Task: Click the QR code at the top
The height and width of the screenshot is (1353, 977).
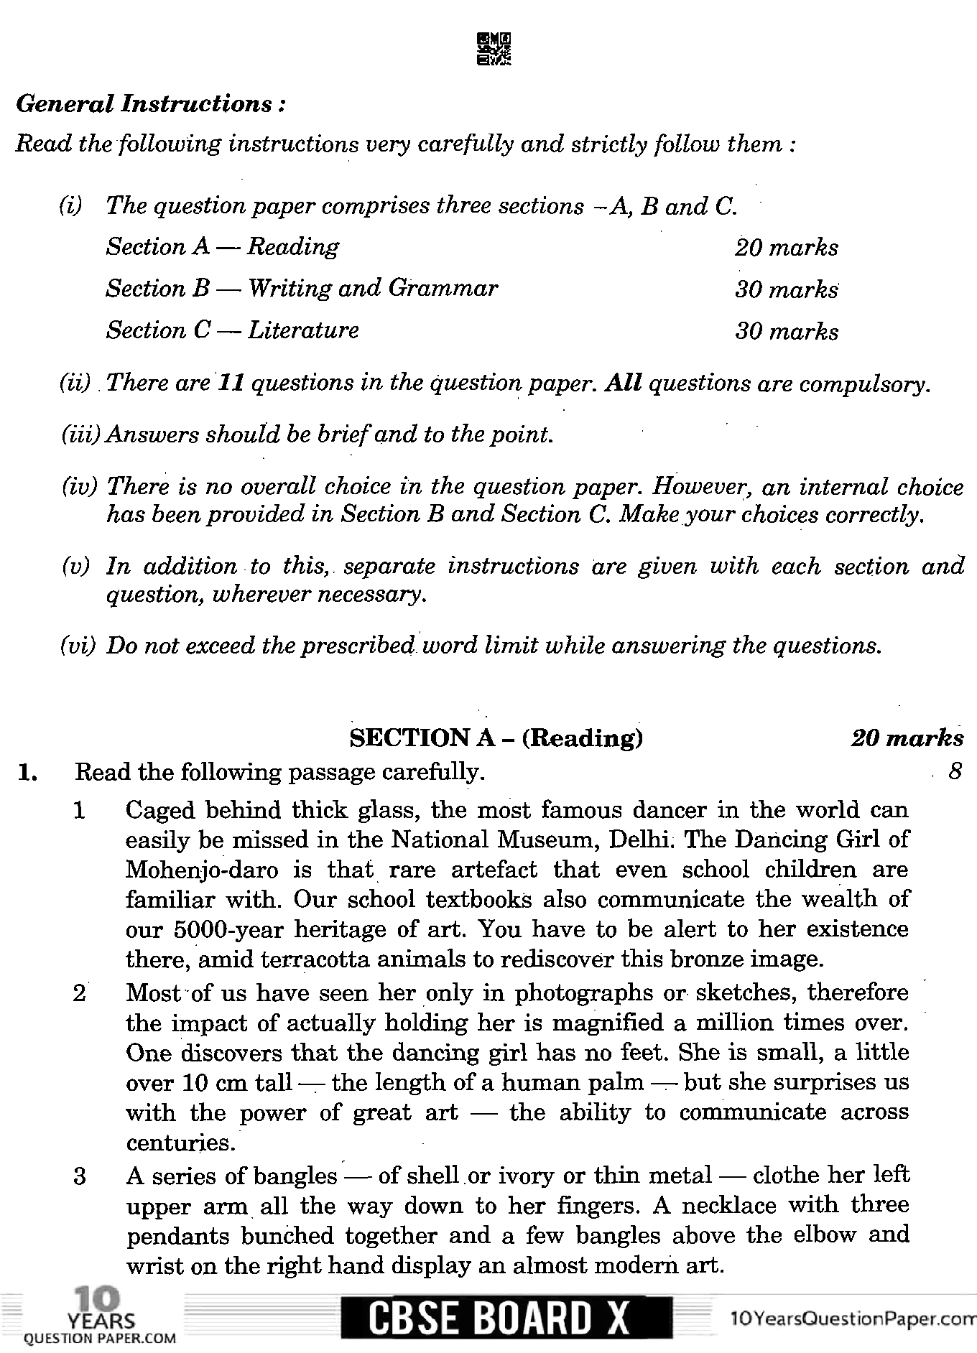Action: (x=494, y=50)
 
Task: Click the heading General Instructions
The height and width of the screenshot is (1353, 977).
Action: (x=151, y=105)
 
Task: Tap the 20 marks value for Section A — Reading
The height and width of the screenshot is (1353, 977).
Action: (x=786, y=248)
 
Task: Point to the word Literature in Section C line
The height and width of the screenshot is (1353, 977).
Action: (x=303, y=330)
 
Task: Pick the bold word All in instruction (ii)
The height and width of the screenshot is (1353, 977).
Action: (x=623, y=383)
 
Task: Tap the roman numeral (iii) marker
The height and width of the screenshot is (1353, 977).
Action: (x=82, y=435)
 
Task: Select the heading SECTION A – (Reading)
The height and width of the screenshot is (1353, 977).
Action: (x=495, y=738)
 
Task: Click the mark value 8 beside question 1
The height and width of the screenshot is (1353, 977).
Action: (x=954, y=772)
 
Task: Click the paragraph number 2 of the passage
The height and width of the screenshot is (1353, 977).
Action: (x=80, y=993)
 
